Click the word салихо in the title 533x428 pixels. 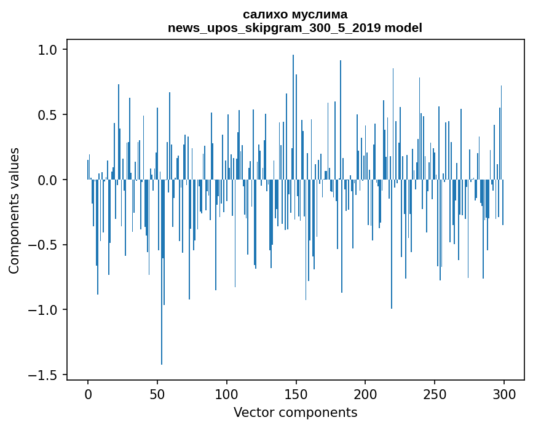click(263, 14)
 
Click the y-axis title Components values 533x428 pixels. click(14, 210)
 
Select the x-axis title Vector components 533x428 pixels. click(295, 413)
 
